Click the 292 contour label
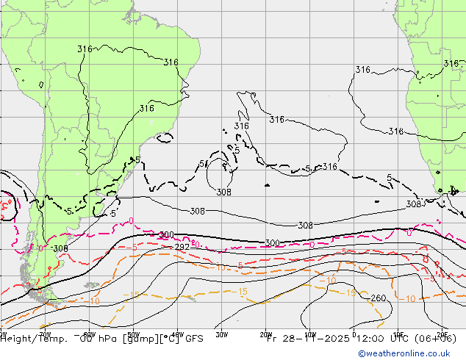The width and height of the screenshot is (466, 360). (182, 247)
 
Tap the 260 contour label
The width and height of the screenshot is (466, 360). (378, 298)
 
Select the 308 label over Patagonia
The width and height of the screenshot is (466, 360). (60, 248)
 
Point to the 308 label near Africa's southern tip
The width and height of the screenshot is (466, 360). (414, 204)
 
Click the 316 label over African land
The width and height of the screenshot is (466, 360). (451, 64)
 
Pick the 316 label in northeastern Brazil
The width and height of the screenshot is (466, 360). (171, 62)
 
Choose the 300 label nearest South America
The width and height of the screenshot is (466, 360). (167, 235)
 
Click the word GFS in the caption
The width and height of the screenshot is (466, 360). (193, 339)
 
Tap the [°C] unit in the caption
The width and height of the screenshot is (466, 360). (165, 339)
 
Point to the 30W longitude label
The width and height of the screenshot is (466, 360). (221, 332)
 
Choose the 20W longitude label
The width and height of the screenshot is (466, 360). (265, 332)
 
